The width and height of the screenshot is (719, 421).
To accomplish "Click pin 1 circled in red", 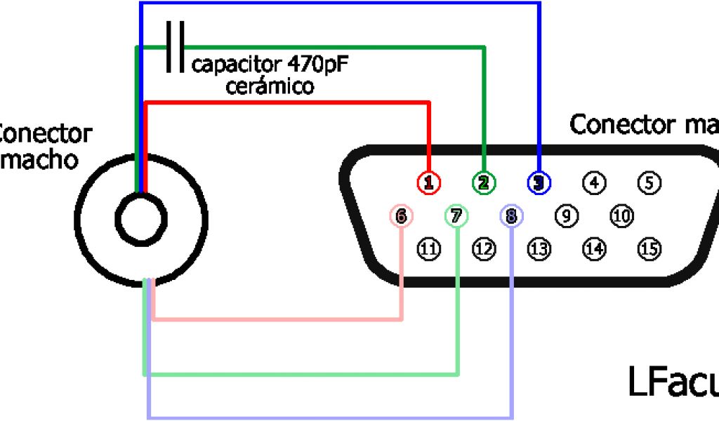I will pos(429,183).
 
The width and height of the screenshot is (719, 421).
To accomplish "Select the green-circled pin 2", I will pos(483,183).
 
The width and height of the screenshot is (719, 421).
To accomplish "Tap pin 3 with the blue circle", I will pos(539,183).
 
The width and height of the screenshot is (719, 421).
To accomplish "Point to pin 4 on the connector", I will pos(594,183).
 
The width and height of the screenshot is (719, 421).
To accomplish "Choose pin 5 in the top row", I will pos(649,183).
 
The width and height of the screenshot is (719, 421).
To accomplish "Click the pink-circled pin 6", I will pos(401,216).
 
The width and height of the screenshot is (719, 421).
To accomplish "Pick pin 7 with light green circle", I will pos(456,216).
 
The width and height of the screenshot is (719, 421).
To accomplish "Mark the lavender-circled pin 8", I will pos(511,216).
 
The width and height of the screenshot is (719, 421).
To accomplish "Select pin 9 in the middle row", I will pos(566,216).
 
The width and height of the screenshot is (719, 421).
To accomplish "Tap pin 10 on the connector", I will pos(621,216).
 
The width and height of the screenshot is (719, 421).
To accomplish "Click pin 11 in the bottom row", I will pos(429,248).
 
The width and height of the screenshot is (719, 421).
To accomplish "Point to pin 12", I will pos(484,248).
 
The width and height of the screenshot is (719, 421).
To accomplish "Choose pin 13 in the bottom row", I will pos(539,248).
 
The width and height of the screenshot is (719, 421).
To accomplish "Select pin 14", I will pos(594,248).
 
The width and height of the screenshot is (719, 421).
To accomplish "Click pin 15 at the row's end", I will pos(649,248).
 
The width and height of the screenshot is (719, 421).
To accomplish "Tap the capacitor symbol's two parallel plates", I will pos(175,47).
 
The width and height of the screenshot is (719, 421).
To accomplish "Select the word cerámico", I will pos(270,87).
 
